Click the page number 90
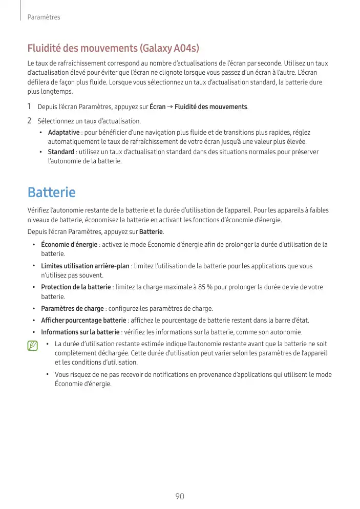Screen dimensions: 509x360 coord(179,496)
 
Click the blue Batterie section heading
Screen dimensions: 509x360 coord(51,193)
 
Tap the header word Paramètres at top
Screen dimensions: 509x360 coord(44,17)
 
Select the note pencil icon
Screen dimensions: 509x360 coord(33,346)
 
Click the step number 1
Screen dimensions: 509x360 coord(30,107)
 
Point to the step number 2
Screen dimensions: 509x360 coord(30,121)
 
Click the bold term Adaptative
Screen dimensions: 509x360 coord(63,133)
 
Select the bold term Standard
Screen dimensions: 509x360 coord(61,152)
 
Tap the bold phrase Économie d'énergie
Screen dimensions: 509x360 coord(69,244)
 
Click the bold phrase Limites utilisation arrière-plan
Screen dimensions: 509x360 coord(85,266)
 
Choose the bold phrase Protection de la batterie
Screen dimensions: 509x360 coord(76,287)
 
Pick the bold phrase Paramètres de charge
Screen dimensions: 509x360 coord(72,308)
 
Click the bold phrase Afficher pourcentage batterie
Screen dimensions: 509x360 coord(83,321)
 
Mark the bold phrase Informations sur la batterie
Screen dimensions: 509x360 coord(80,332)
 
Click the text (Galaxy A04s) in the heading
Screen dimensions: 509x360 coord(169,49)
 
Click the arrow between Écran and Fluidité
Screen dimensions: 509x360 coord(170,107)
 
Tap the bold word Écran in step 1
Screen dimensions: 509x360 coord(157,107)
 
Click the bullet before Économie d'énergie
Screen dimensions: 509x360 coord(34,244)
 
